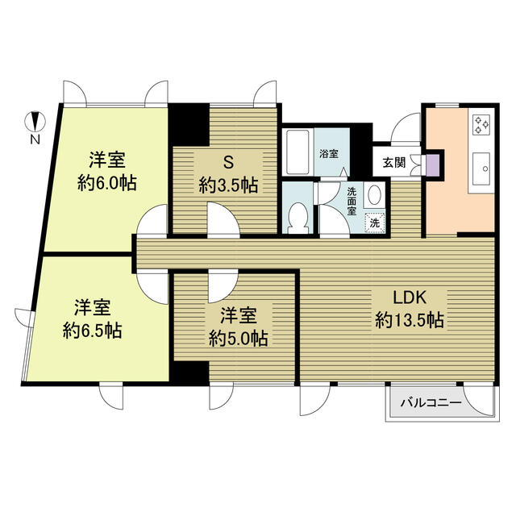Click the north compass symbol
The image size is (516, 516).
[35, 122]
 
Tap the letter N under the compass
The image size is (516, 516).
[35, 139]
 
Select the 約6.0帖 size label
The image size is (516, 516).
[107, 183]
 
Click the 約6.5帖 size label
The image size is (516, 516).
[93, 331]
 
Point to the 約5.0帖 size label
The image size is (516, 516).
[239, 339]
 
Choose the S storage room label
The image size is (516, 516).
[228, 162]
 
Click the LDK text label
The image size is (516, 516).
[410, 298]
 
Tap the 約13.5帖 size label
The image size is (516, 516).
[410, 320]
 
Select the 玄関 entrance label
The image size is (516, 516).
[394, 163]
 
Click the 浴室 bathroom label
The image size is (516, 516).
[329, 154]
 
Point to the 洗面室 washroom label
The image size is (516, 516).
[352, 201]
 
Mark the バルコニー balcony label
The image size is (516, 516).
[431, 402]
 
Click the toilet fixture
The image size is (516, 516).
[299, 218]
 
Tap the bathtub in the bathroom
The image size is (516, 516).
[298, 152]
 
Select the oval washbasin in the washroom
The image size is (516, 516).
[374, 196]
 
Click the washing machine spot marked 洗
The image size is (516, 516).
[375, 223]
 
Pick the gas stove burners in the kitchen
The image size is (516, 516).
[481, 125]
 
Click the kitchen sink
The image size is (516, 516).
[481, 169]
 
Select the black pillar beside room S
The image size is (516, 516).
[189, 125]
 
